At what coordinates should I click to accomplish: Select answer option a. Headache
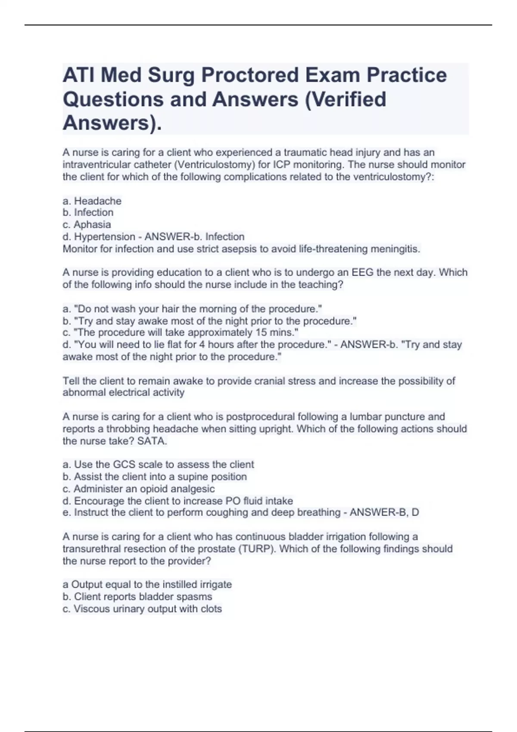pyautogui.click(x=92, y=201)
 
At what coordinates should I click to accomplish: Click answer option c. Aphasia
pyautogui.click(x=87, y=224)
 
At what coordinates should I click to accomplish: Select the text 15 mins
pyautogui.click(x=276, y=332)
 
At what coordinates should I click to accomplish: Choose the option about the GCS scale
pyautogui.click(x=158, y=465)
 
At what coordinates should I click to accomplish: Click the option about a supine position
pyautogui.click(x=155, y=477)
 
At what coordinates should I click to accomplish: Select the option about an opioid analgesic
pyautogui.click(x=138, y=489)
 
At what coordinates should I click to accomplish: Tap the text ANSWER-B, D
pyautogui.click(x=384, y=512)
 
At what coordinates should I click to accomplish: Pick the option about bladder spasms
pyautogui.click(x=137, y=597)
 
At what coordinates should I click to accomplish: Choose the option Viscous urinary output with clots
pyautogui.click(x=142, y=609)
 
